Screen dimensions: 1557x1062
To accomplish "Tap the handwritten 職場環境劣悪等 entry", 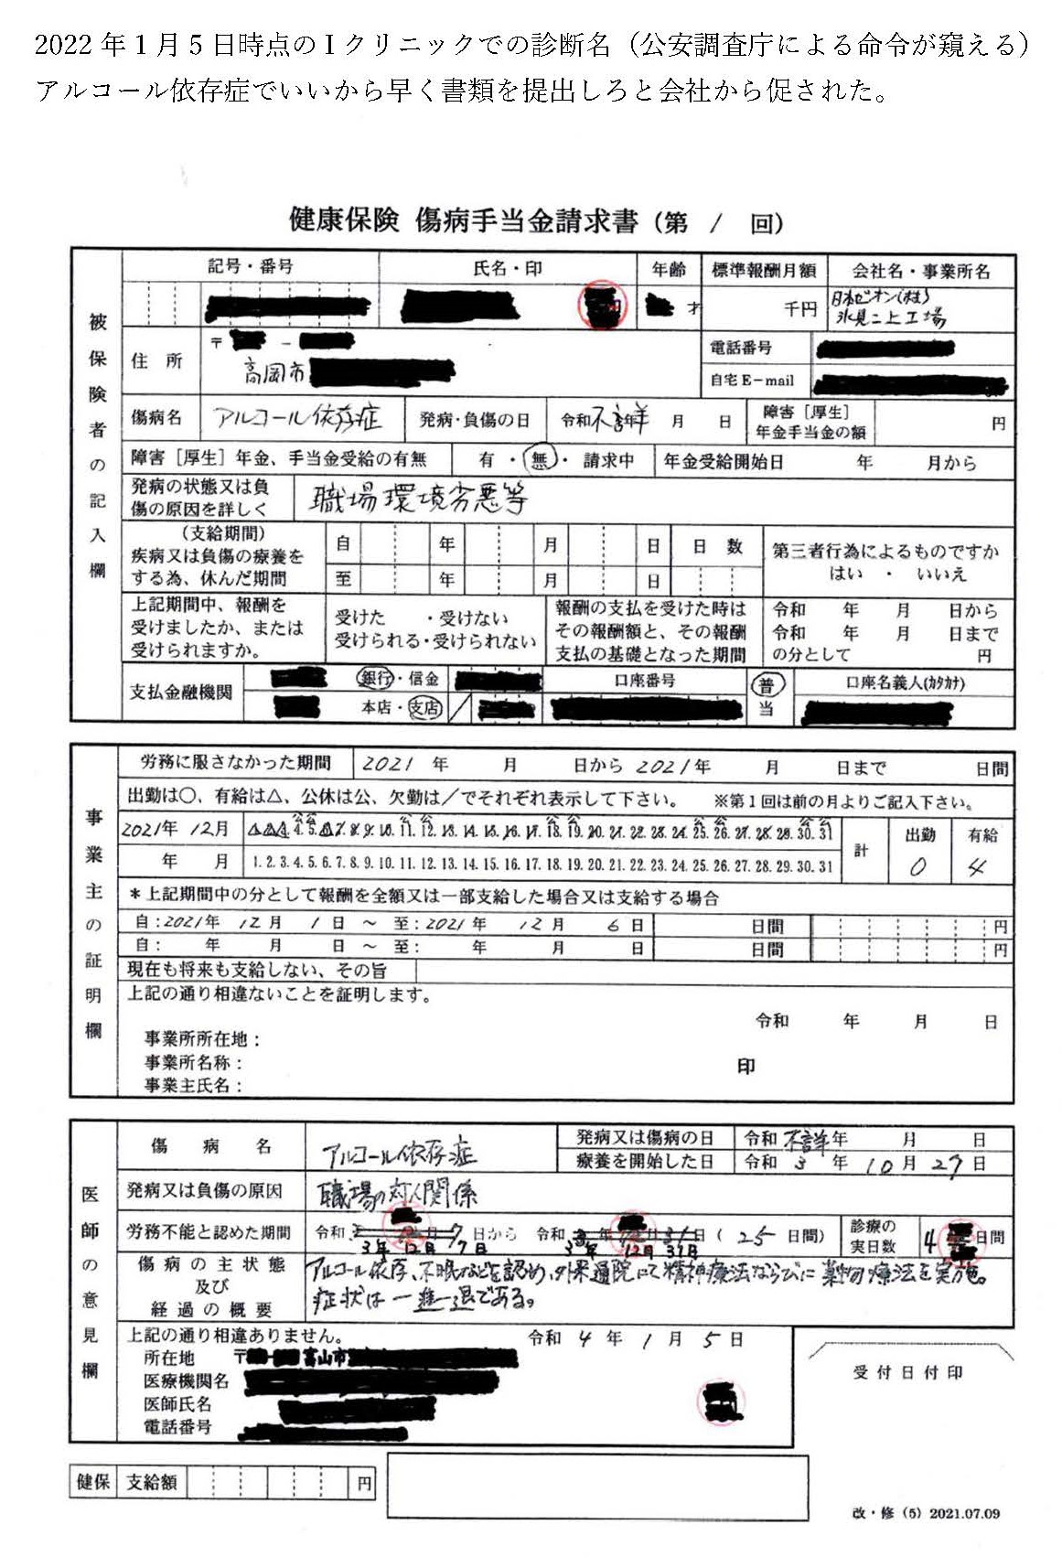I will pos(419,499).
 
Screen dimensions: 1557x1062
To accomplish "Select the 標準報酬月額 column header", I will pos(763,270).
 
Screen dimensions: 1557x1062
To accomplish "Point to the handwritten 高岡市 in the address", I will pos(274,372).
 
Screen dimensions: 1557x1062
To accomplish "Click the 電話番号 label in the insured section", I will pos(741,348).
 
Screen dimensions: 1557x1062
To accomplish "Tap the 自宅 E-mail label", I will pos(752,380).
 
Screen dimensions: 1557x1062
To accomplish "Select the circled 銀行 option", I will pos(374,679).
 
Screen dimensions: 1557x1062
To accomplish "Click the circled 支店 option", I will pos(424,707).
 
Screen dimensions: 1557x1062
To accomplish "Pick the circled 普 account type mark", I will pos(766,685).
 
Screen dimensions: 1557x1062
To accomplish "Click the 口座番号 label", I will pos(645,680).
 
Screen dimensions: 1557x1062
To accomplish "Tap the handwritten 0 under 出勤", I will pos(917,866).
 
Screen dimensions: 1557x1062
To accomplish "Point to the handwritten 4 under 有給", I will pos(977,866).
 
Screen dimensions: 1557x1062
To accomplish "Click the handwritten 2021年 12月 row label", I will pos(176,829).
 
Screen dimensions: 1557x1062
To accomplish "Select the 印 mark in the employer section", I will pos(746,1066).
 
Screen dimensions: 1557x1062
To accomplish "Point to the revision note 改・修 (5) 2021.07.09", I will pos(925,1513).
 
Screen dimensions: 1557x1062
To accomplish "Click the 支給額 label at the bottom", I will pos(152,1482).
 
